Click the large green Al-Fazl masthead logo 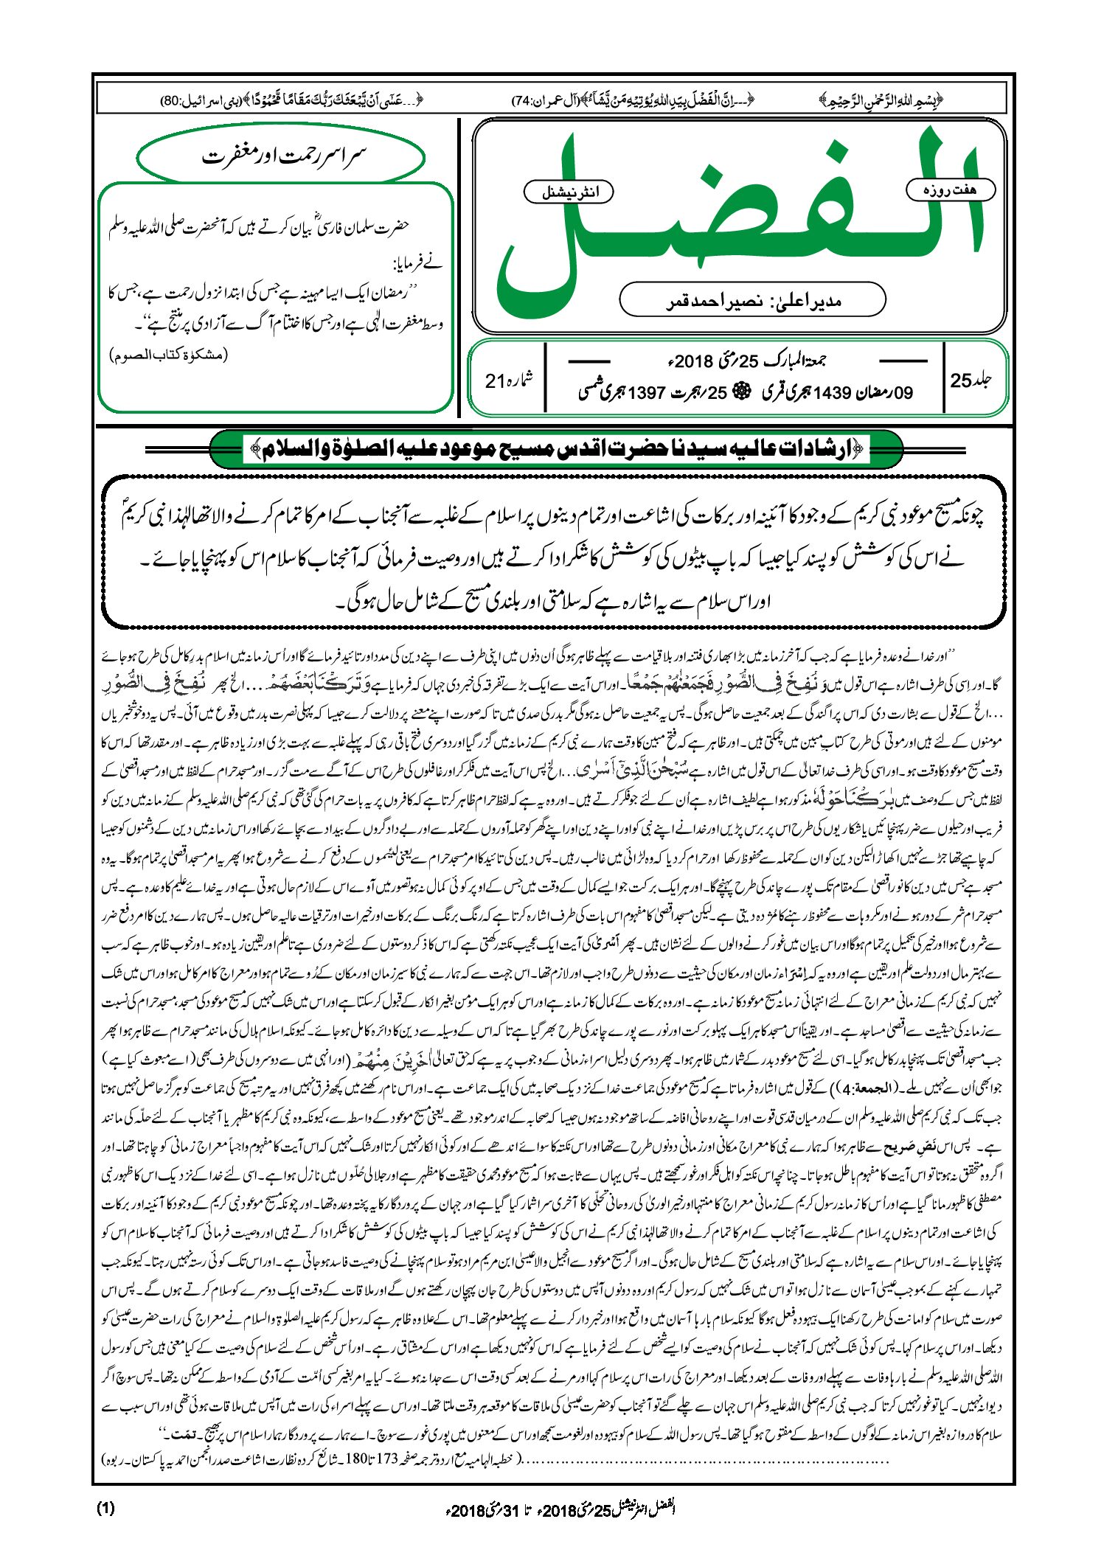[737, 221]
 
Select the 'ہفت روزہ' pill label [950, 190]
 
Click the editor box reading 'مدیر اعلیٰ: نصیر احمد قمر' [752, 300]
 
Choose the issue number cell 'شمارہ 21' [508, 381]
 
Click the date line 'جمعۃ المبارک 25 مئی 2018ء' [745, 361]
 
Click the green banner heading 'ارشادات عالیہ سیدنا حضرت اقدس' [557, 448]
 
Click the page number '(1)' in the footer [105, 1508]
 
